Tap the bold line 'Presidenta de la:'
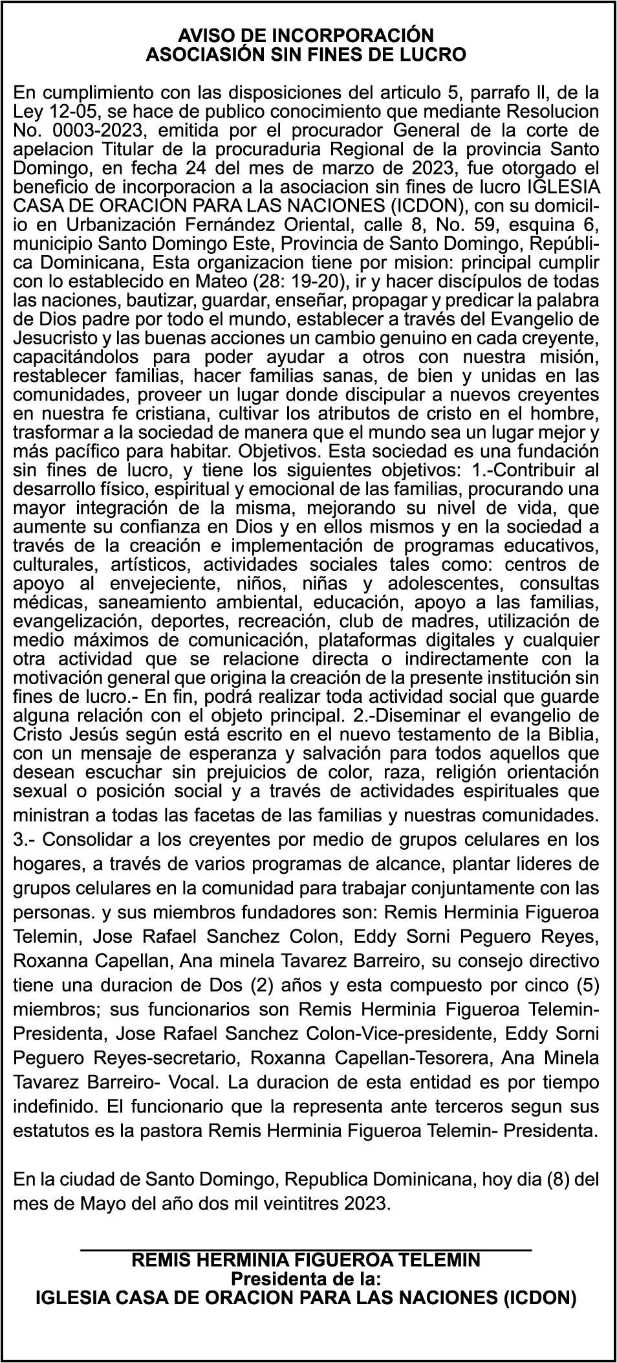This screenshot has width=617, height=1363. tap(306, 1279)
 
